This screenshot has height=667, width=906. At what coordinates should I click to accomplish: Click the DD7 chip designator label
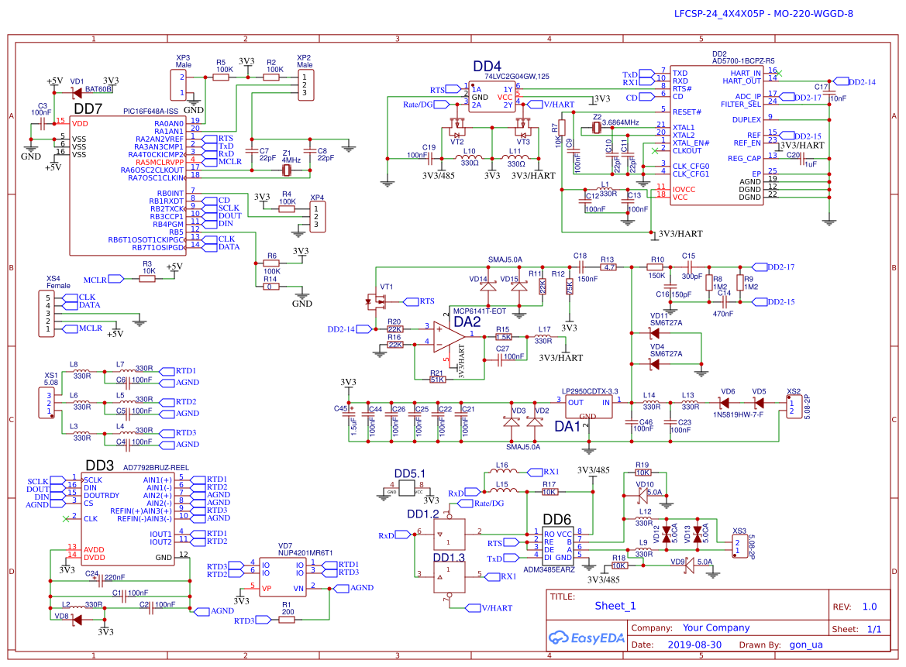pyautogui.click(x=88, y=109)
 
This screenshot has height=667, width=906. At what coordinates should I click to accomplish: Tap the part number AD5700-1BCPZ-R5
pyautogui.click(x=743, y=61)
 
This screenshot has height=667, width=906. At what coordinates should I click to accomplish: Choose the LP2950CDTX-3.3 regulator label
pyautogui.click(x=590, y=391)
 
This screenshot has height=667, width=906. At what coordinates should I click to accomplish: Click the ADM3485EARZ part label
pyautogui.click(x=549, y=569)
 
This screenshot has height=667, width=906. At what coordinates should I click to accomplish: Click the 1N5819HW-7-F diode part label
pyautogui.click(x=736, y=414)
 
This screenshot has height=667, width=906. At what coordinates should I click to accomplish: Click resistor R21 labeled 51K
pyautogui.click(x=437, y=379)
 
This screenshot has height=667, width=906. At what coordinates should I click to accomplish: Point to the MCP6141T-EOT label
pyautogui.click(x=479, y=311)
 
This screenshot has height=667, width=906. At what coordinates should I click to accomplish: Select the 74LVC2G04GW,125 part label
pyautogui.click(x=517, y=76)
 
